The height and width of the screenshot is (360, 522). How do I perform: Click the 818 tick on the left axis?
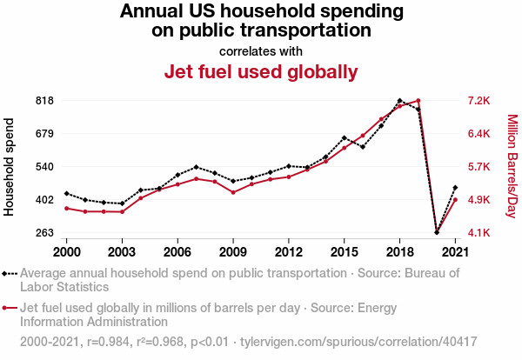(44, 101)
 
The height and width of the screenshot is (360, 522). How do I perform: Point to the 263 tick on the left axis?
(44, 233)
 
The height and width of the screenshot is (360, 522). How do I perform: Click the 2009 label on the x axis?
(233, 251)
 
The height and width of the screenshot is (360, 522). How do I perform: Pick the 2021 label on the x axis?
(455, 251)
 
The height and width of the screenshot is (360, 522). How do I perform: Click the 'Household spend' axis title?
(10, 168)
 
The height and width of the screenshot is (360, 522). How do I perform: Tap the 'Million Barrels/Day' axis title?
(512, 167)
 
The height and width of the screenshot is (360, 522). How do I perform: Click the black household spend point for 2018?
(399, 101)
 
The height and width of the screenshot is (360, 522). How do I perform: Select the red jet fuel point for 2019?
(418, 101)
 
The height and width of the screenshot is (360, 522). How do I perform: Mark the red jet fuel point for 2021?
(455, 200)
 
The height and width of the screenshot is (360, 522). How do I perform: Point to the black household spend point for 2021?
(455, 187)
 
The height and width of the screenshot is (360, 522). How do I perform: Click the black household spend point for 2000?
(67, 193)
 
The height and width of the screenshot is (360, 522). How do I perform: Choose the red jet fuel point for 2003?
(122, 212)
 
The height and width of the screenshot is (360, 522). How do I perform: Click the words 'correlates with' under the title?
(261, 50)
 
